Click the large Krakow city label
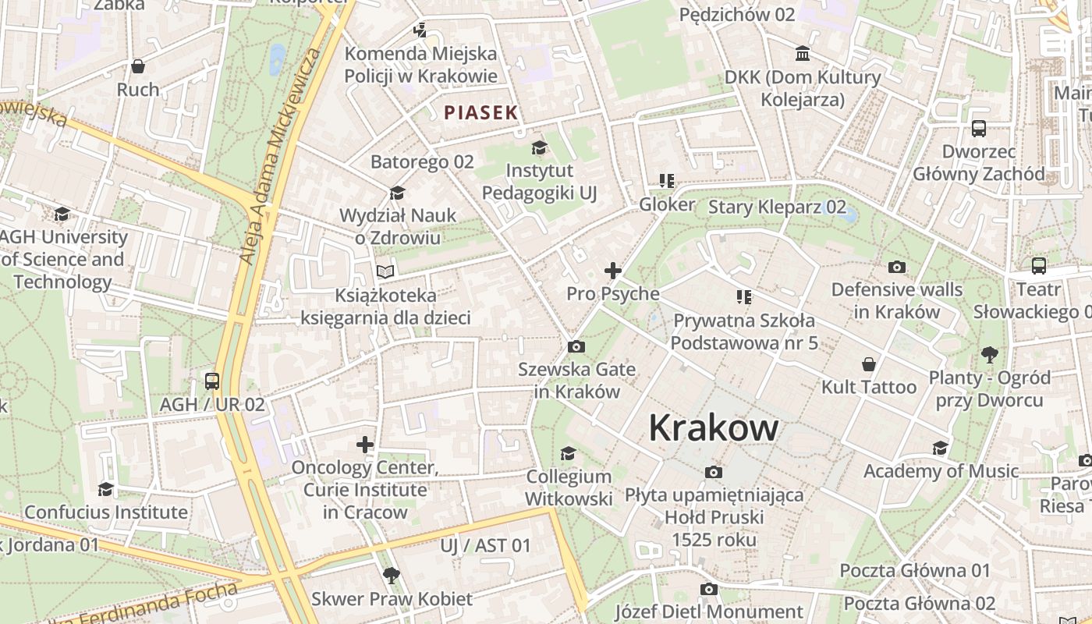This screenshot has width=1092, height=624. click(713, 427)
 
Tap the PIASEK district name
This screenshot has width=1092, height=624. click(480, 112)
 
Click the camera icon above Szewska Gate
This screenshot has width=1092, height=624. click(576, 347)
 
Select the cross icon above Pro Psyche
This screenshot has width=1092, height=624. click(613, 271)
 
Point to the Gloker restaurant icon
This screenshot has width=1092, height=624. click(666, 181)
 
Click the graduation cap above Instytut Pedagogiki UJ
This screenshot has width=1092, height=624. click(539, 147)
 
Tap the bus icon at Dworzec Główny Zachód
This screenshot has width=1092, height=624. click(978, 129)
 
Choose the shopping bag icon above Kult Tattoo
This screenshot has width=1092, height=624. click(869, 364)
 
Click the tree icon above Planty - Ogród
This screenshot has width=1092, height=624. click(989, 355)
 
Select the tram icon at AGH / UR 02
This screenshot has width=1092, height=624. click(212, 381)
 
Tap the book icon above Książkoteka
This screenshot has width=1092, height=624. click(385, 271)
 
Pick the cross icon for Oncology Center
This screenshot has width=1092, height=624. click(365, 445)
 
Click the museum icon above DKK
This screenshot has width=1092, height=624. click(802, 54)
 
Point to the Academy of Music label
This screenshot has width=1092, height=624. click(941, 471)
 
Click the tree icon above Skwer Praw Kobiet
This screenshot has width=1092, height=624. click(392, 576)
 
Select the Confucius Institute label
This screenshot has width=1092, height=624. click(106, 512)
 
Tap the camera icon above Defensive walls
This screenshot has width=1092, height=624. click(897, 267)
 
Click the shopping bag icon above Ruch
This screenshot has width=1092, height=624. click(138, 66)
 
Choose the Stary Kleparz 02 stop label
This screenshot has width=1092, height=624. click(777, 207)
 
